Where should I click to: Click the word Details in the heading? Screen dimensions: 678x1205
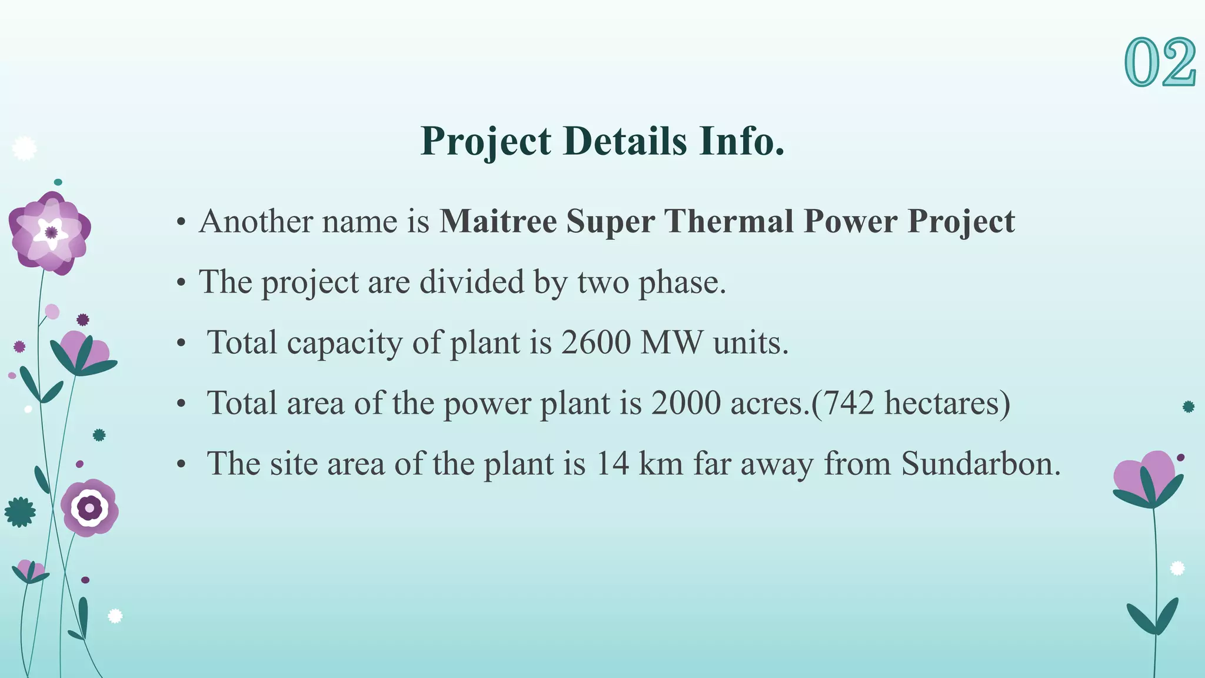[625, 141]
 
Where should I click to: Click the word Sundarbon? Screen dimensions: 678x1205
[981, 464]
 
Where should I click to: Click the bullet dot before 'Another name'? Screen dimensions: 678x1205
[181, 223]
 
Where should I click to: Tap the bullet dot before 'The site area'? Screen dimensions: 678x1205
[181, 465]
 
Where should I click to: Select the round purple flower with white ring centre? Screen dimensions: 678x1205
[89, 507]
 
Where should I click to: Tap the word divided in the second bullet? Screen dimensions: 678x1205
[471, 282]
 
